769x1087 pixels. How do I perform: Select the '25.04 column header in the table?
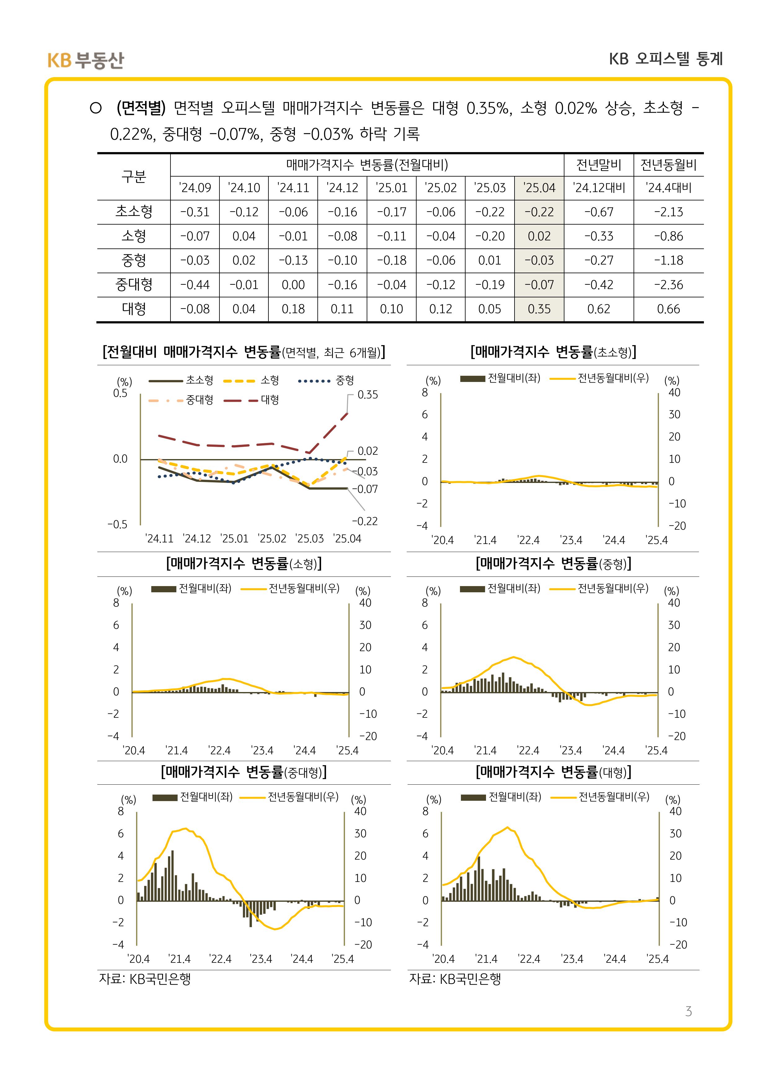tap(539, 188)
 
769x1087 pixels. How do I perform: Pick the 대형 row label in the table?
tap(134, 309)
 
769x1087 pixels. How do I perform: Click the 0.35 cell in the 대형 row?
tap(539, 309)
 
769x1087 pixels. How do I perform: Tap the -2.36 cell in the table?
tap(669, 285)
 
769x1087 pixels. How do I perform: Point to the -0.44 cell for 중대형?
tap(195, 285)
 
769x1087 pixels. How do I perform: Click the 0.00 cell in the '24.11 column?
tap(293, 285)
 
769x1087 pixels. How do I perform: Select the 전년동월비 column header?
tap(669, 165)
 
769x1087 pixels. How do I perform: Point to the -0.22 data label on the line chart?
tap(365, 521)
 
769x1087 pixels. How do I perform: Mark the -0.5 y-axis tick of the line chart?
tap(117, 524)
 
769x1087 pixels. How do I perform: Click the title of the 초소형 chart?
tap(553, 352)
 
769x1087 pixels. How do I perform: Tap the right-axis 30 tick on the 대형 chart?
tap(675, 834)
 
